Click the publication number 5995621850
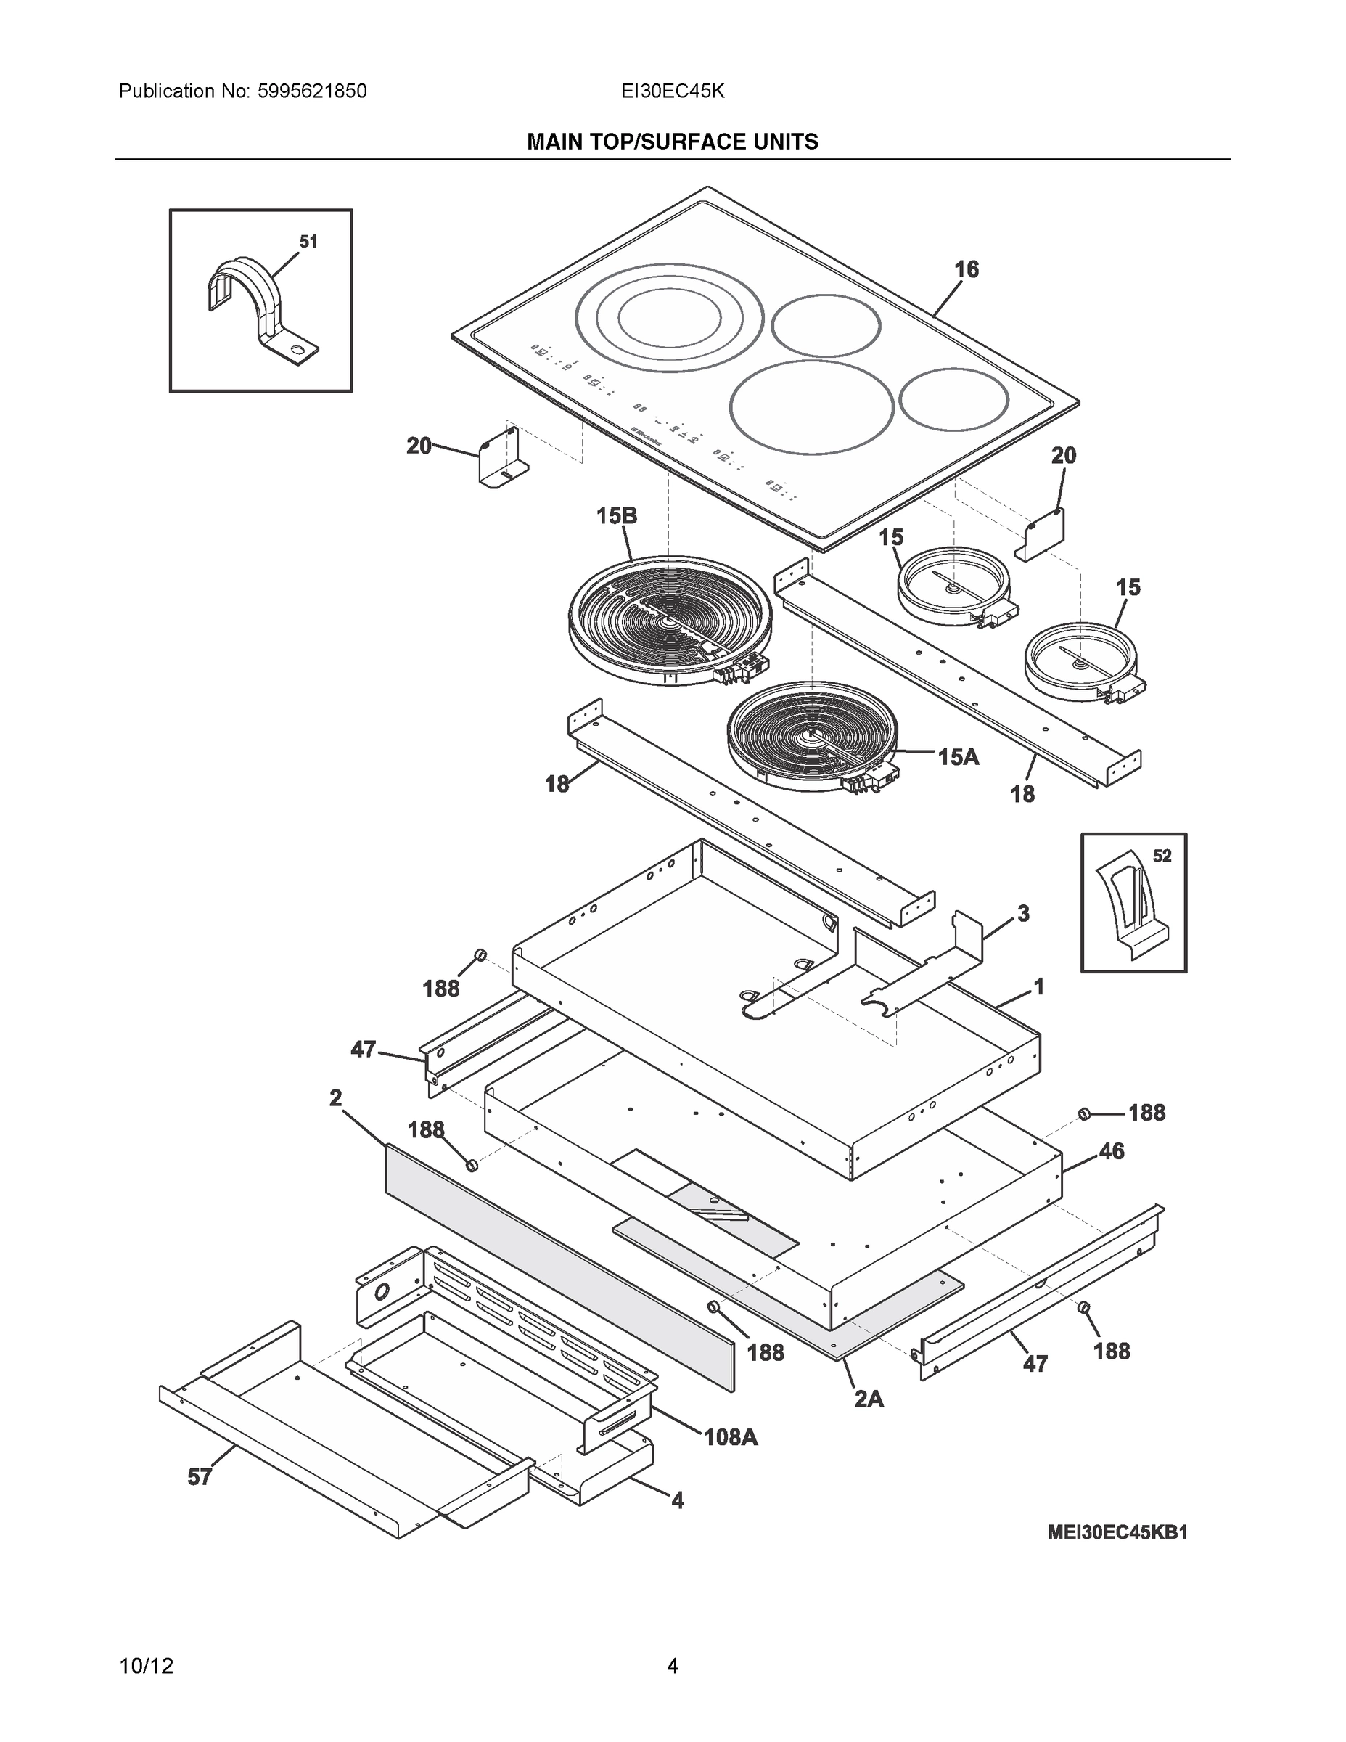pyautogui.click(x=311, y=91)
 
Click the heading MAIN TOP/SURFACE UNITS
pyautogui.click(x=672, y=142)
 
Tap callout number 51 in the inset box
pyautogui.click(x=308, y=241)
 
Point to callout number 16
pyautogui.click(x=967, y=269)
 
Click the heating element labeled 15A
pyautogui.click(x=811, y=735)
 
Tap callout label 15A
pyautogui.click(x=958, y=756)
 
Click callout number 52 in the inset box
pyautogui.click(x=1162, y=856)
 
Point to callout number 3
pyautogui.click(x=1023, y=913)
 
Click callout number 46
pyautogui.click(x=1112, y=1151)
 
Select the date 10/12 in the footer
pyautogui.click(x=146, y=1666)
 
